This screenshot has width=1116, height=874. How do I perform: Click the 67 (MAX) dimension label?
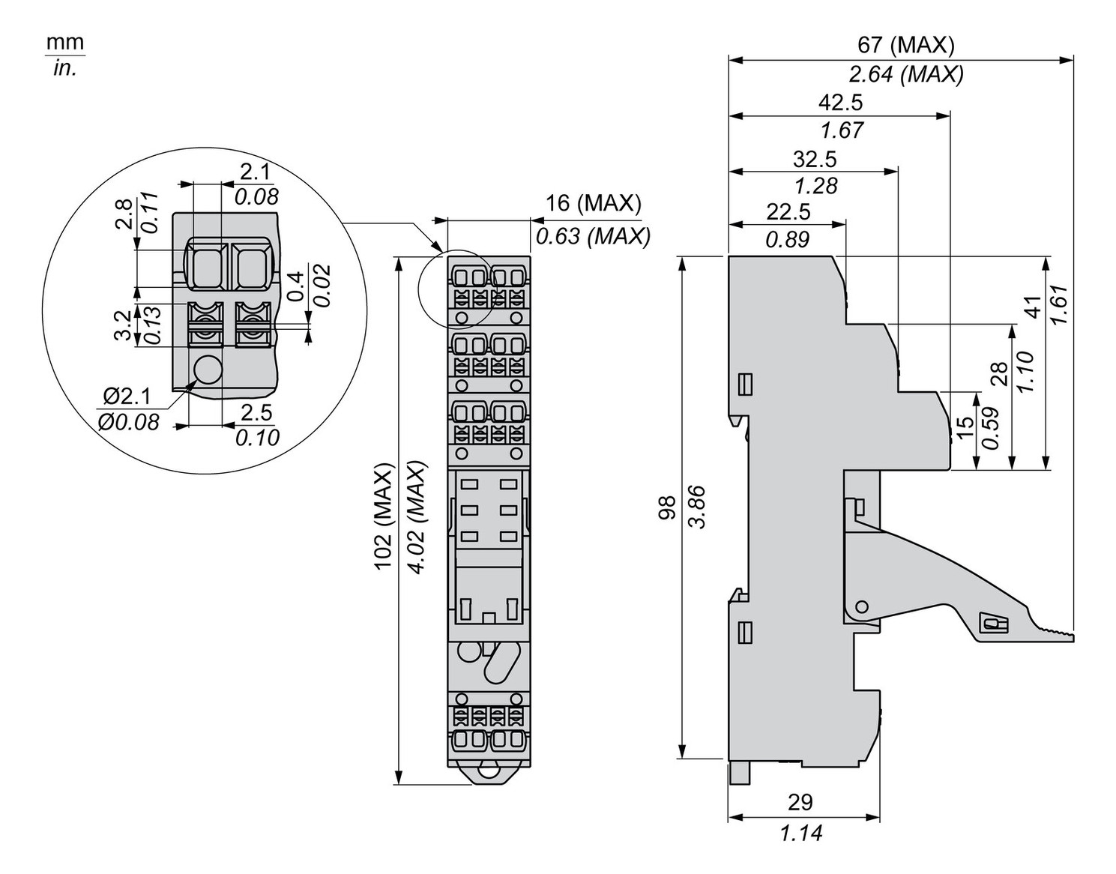[905, 45]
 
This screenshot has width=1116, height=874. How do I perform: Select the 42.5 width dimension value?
[841, 102]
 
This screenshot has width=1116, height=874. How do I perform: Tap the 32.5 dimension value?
[815, 159]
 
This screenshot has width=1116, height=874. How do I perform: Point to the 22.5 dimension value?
[788, 212]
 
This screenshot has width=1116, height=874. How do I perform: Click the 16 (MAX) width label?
[593, 203]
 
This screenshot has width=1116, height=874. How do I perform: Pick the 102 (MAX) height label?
[384, 516]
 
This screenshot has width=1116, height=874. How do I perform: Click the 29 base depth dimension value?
[800, 802]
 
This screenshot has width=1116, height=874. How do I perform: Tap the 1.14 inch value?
[800, 833]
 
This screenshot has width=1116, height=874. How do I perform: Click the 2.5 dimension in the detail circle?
[256, 412]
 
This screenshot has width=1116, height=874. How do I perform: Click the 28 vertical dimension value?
[999, 373]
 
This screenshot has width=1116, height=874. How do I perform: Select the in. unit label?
[65, 70]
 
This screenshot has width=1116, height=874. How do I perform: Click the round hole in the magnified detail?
[207, 370]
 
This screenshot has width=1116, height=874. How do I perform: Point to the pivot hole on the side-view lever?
[862, 606]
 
